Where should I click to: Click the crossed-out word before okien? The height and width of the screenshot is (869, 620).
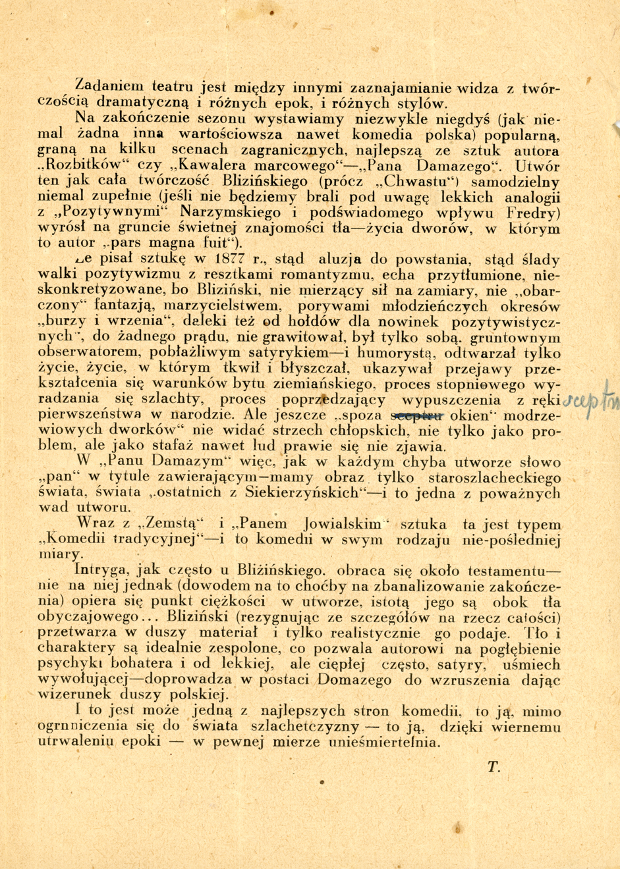[x=418, y=415]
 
